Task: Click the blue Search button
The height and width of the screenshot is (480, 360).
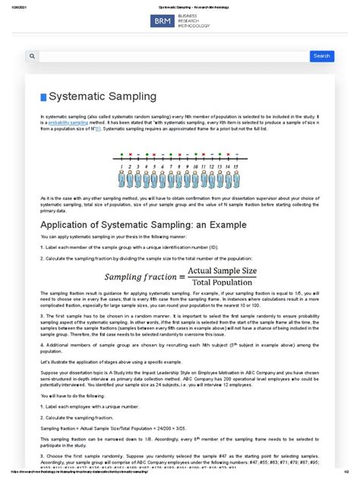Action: coord(321,56)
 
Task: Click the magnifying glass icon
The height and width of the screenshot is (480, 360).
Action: coord(32,56)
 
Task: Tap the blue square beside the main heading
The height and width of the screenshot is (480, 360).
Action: coord(43,97)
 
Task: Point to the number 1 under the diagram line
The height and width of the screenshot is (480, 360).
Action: coord(120,165)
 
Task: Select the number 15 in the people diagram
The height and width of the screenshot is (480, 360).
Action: coord(238,165)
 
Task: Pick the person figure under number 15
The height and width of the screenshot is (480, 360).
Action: coord(238,179)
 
